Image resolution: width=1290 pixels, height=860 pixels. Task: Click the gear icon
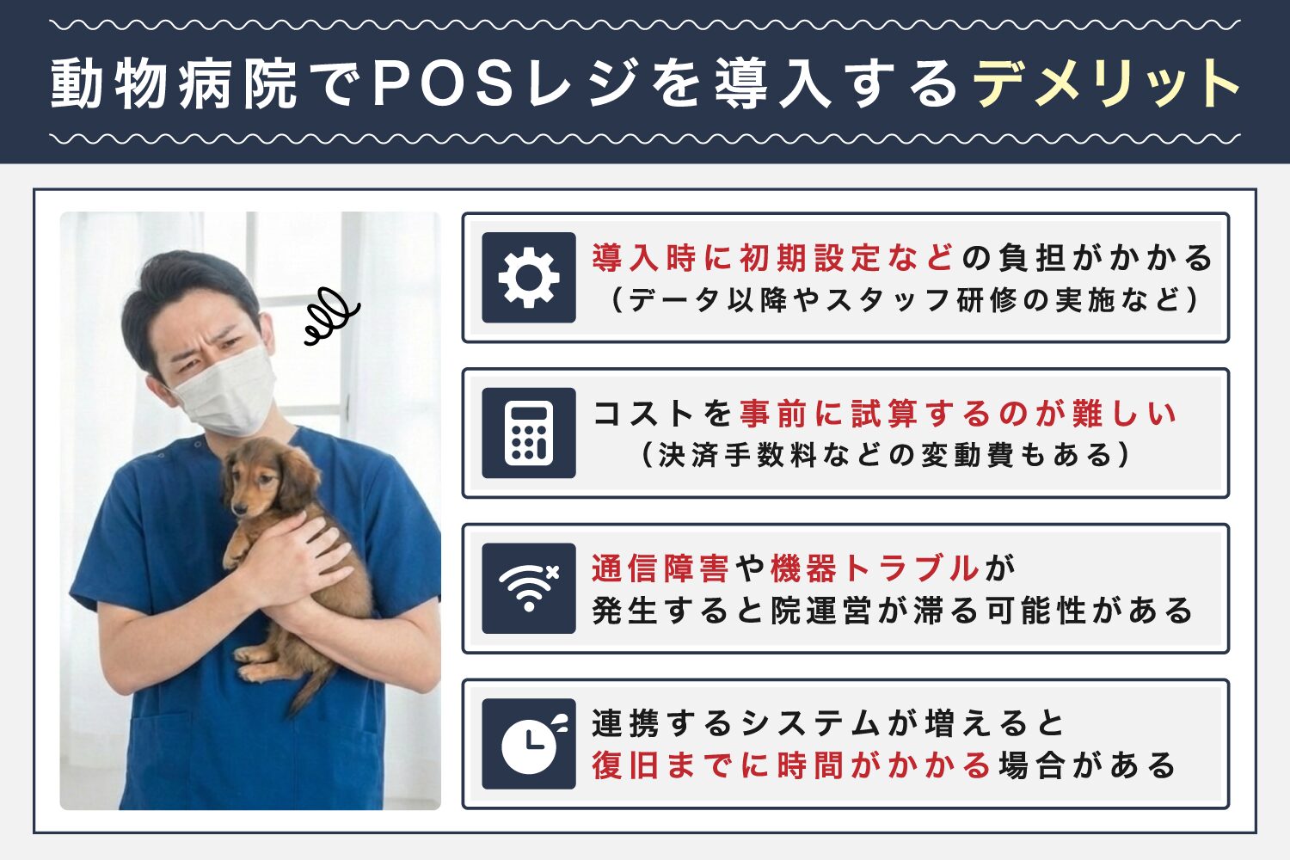coord(528,278)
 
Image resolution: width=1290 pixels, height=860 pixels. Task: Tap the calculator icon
coord(528,433)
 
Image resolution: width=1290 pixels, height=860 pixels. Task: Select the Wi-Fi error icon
coord(528,588)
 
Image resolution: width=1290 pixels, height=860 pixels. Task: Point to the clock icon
coord(528,744)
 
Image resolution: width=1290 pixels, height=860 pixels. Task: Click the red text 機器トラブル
coord(874,568)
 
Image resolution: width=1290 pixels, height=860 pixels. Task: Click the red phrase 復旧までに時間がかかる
coord(791,765)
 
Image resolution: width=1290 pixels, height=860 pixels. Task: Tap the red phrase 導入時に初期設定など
coord(772,257)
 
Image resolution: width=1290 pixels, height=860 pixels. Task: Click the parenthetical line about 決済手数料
coord(886,455)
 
